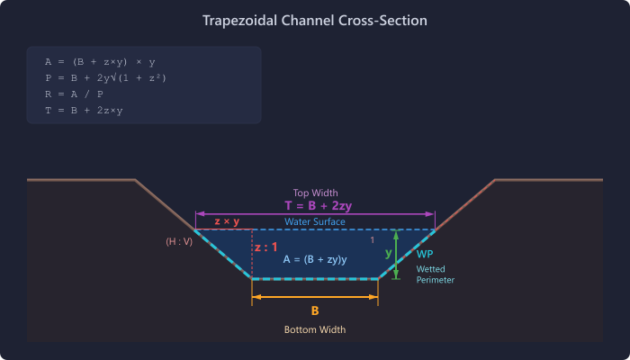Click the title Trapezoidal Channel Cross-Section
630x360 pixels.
click(315, 20)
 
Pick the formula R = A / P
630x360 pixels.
click(74, 94)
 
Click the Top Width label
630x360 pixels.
click(315, 193)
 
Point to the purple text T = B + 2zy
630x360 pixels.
click(318, 206)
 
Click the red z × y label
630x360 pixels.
click(227, 221)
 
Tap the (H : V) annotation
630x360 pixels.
click(179, 242)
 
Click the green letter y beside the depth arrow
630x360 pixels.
click(389, 253)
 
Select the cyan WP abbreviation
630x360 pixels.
click(425, 255)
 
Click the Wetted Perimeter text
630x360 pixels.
click(435, 274)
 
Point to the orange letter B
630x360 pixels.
click(315, 311)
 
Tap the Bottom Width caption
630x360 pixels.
click(315, 330)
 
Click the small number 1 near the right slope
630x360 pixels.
click(373, 240)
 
